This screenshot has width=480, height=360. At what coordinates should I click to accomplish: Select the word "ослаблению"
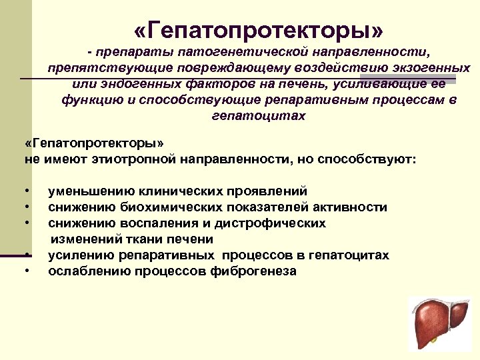click(87, 271)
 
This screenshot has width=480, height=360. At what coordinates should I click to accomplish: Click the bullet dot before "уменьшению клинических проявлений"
click(26, 191)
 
